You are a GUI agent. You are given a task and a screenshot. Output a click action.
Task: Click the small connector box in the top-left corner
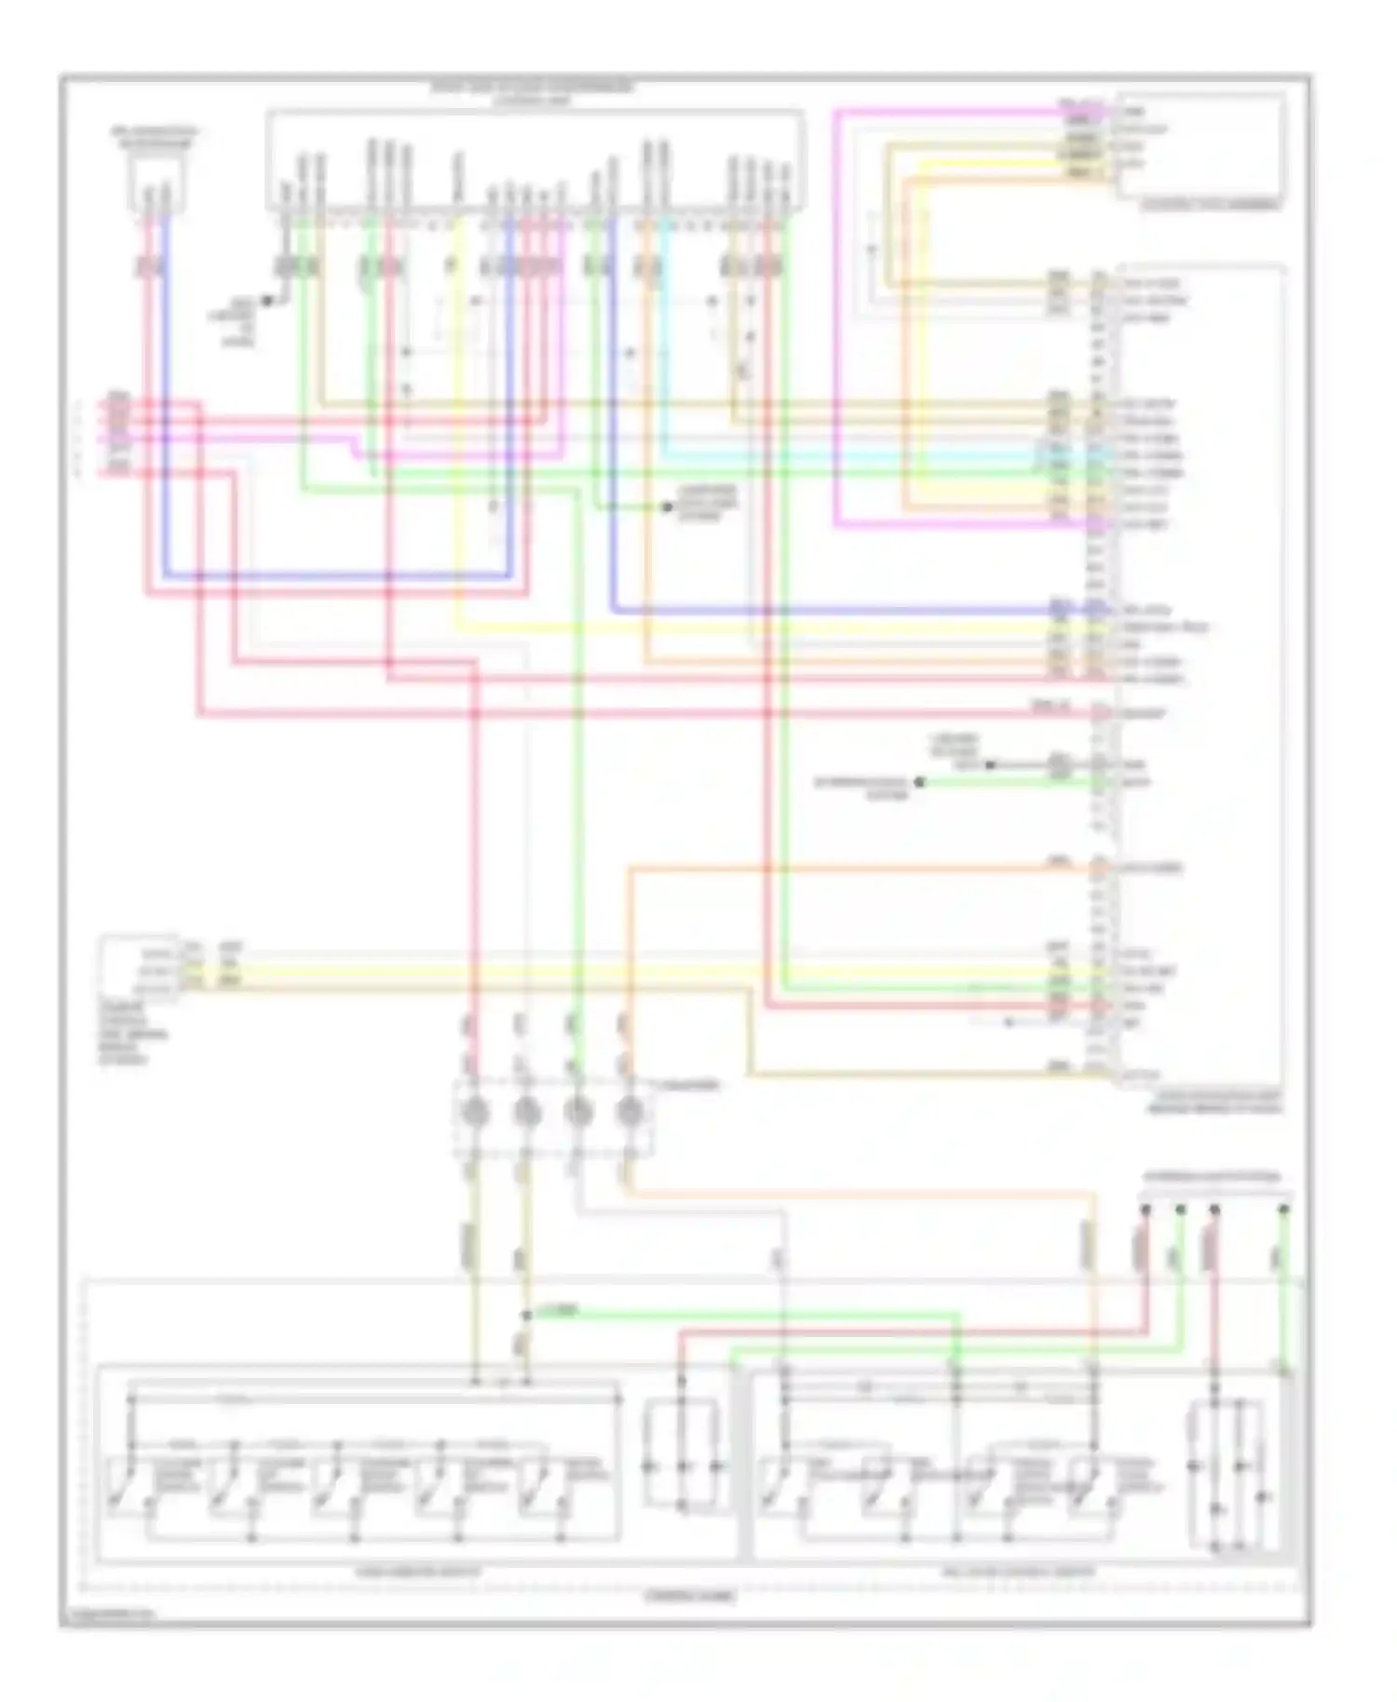156,182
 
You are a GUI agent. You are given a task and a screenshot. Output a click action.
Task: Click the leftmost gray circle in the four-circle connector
476,1112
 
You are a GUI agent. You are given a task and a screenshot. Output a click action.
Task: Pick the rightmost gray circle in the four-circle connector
631,1112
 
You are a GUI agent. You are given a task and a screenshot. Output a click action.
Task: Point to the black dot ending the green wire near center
667,507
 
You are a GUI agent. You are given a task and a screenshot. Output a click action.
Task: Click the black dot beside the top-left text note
266,300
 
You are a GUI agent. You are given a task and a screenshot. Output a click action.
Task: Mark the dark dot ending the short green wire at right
919,783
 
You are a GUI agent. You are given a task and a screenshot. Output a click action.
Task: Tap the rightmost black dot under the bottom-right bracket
1283,1209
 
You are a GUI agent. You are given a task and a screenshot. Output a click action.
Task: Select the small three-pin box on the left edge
140,968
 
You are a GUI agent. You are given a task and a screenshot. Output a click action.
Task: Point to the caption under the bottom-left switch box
418,1572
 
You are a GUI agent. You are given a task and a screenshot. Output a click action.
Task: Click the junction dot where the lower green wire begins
526,1316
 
